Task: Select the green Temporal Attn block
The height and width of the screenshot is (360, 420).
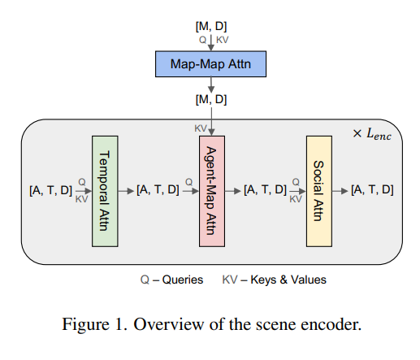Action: pyautogui.click(x=104, y=190)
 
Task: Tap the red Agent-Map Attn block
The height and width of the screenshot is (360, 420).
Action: pyautogui.click(x=210, y=190)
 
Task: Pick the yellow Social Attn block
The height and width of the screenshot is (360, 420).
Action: pyautogui.click(x=319, y=190)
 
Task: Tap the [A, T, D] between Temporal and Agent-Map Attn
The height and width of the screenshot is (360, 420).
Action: pyautogui.click(x=158, y=190)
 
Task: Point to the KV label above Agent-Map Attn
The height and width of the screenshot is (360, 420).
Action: pyautogui.click(x=201, y=128)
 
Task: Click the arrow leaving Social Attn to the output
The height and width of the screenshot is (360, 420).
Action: pyautogui.click(x=341, y=190)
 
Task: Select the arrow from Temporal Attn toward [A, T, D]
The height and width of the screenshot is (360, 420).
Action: pyautogui.click(x=126, y=190)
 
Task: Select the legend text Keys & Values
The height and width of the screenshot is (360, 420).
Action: pyautogui.click(x=289, y=280)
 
